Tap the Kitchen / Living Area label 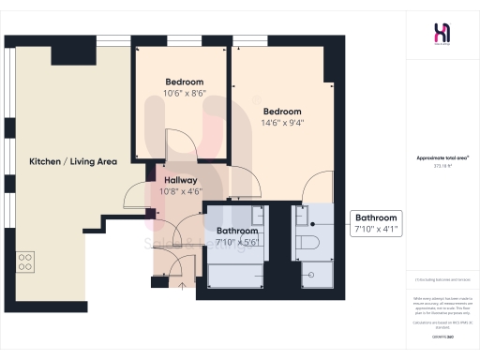72,161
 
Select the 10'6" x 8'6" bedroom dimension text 185,93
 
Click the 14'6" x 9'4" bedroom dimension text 283,122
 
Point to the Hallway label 180,180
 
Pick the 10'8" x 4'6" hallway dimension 180,193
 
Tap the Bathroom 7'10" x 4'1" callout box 377,223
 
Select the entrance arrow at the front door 181,284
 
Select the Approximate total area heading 441,159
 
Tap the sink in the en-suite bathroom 310,217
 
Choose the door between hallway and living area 137,192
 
